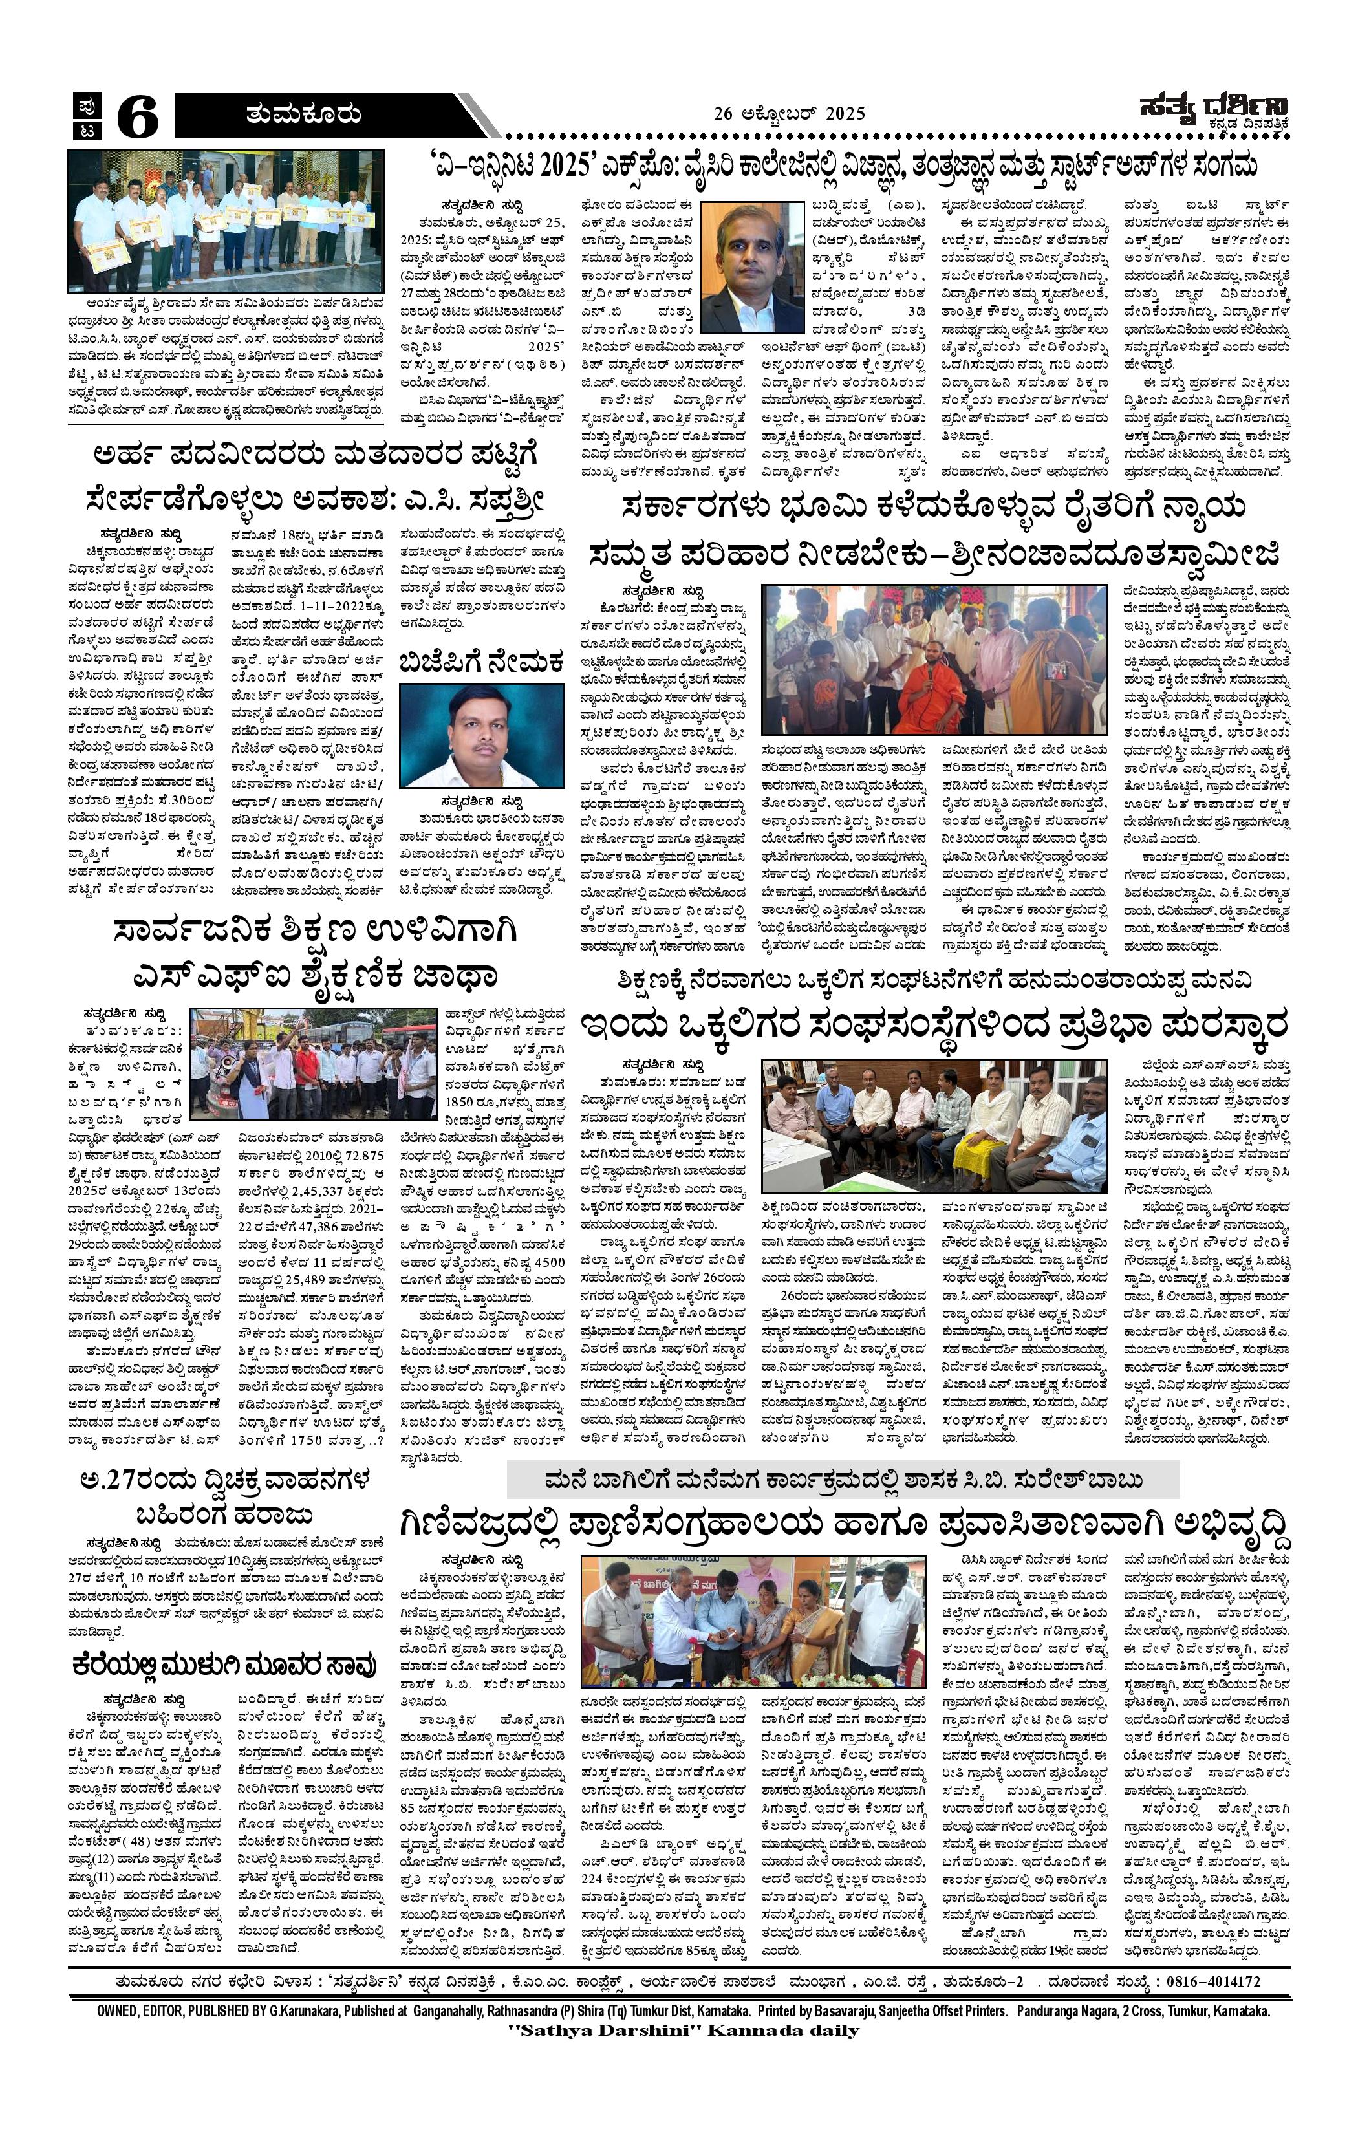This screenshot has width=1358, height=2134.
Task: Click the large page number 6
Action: (x=138, y=117)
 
